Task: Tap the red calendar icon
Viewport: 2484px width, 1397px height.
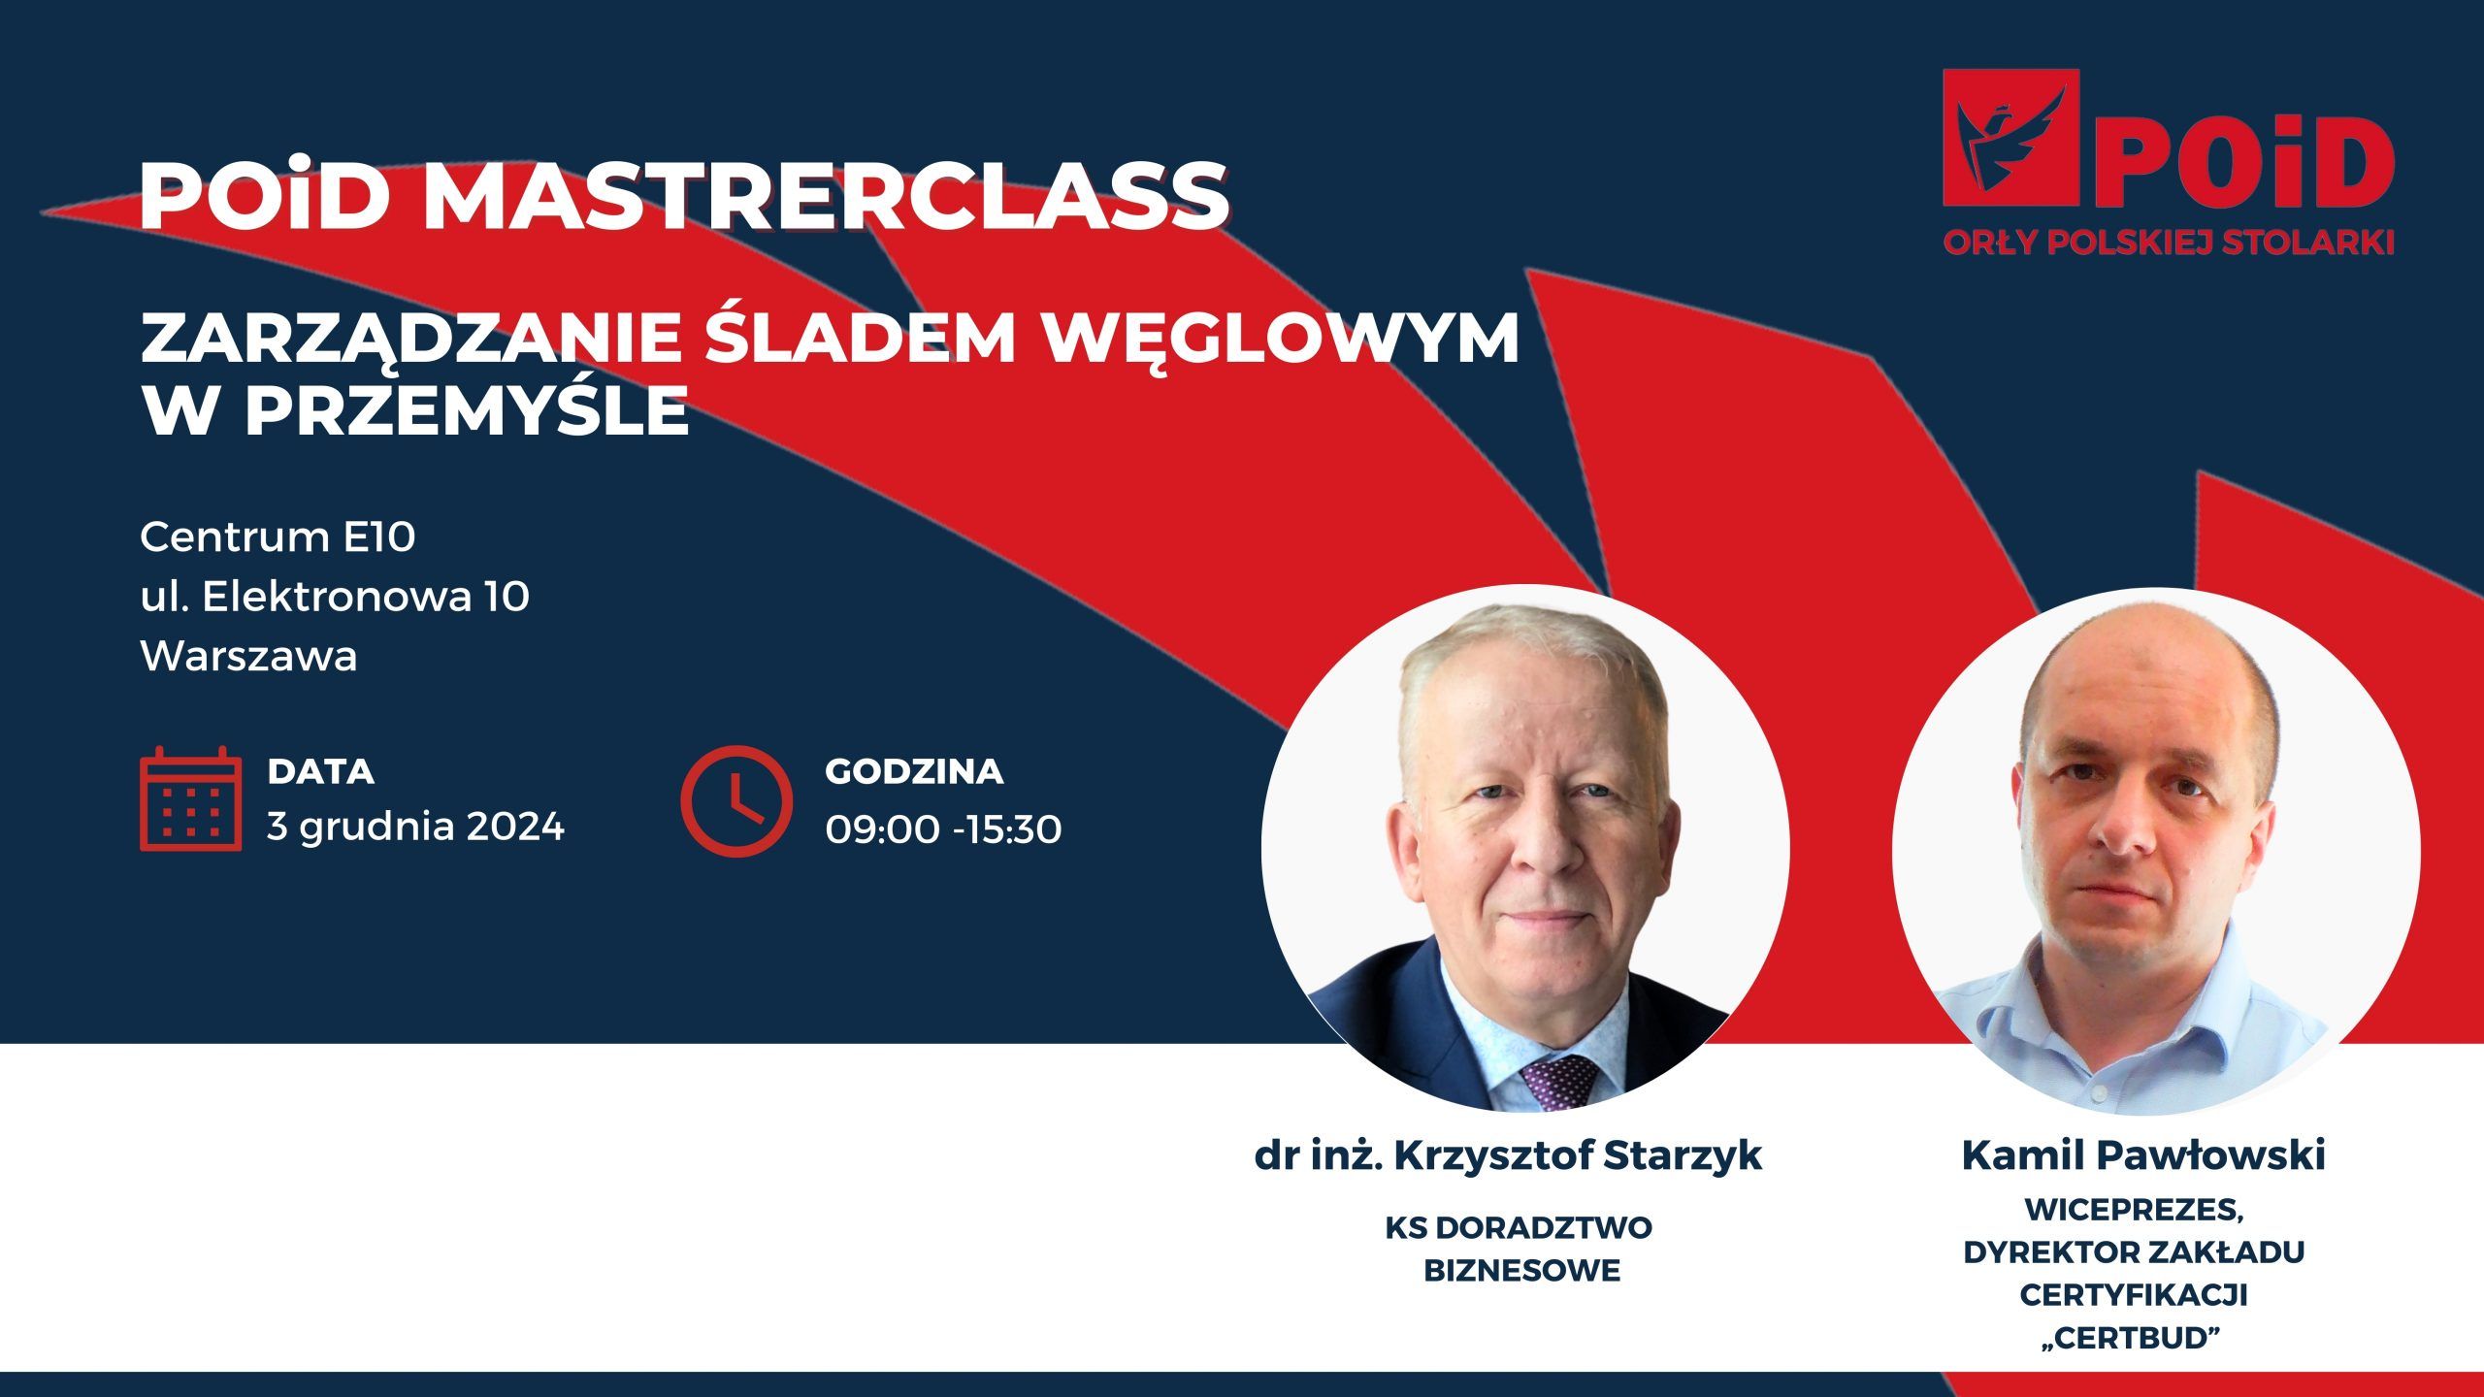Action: [190, 798]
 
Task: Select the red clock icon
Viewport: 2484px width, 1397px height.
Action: [736, 801]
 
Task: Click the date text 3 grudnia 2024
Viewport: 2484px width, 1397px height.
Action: [415, 828]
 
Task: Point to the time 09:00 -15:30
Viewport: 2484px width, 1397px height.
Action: [943, 829]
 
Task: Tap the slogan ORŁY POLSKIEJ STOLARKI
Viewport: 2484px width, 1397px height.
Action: [2169, 243]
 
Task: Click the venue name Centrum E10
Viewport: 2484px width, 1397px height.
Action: [278, 536]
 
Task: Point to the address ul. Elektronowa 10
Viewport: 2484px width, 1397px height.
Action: [335, 597]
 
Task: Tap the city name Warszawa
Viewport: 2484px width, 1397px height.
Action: [249, 657]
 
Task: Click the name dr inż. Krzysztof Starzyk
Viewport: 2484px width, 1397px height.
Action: [1508, 1155]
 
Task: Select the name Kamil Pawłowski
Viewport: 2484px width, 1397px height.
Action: [2143, 1155]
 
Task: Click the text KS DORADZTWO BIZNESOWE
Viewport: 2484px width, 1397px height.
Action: [1520, 1249]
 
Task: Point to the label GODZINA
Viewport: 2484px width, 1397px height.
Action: [914, 771]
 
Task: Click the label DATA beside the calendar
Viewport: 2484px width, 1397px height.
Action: [321, 771]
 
